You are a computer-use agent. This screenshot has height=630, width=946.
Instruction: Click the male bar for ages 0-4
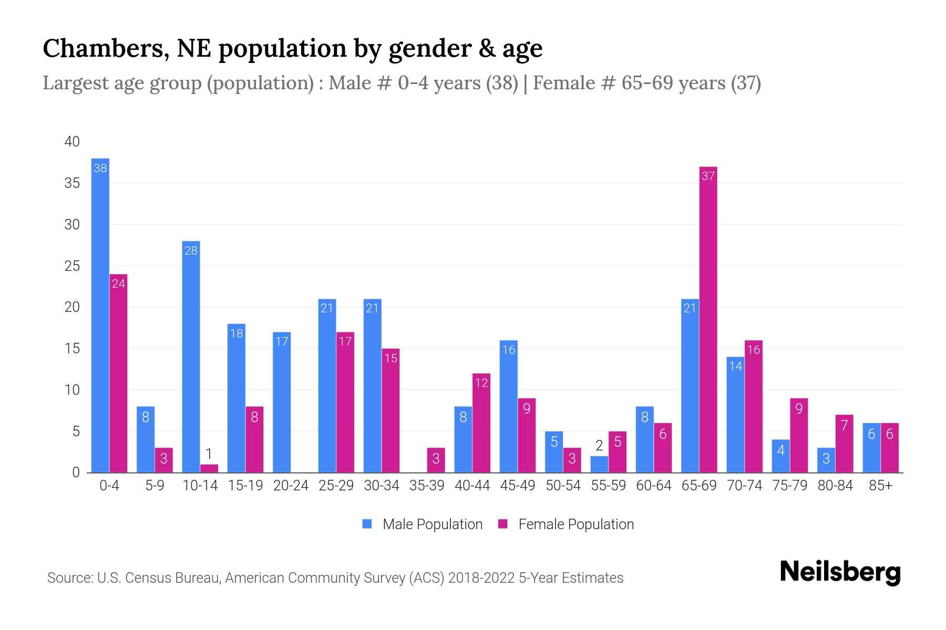(100, 315)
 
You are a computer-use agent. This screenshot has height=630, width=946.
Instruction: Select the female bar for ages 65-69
(708, 320)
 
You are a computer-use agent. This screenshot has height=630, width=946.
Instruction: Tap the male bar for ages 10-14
(191, 357)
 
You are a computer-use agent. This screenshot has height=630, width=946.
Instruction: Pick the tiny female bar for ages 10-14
(209, 468)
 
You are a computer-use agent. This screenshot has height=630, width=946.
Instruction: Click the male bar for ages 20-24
(282, 402)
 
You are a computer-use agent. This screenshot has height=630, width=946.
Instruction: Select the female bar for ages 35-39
(436, 460)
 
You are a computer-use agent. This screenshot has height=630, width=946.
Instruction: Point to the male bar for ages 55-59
(599, 464)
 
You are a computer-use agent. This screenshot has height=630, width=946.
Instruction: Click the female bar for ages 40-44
(481, 423)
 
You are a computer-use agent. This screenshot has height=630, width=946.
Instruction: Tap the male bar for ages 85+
(871, 447)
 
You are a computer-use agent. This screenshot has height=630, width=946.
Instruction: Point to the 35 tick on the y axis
(72, 183)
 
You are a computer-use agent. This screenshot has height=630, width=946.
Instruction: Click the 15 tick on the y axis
(72, 349)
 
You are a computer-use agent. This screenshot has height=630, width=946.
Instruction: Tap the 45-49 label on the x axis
(517, 486)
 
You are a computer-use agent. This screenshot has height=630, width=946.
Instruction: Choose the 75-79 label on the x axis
(789, 486)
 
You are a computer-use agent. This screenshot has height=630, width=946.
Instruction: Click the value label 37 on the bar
(708, 176)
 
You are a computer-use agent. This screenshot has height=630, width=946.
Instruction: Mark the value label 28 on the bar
(191, 250)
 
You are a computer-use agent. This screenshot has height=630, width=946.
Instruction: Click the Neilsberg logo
(840, 572)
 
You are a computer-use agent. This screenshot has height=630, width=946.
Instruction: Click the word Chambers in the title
(105, 48)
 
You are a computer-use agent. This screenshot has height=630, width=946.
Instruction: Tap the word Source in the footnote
(69, 578)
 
